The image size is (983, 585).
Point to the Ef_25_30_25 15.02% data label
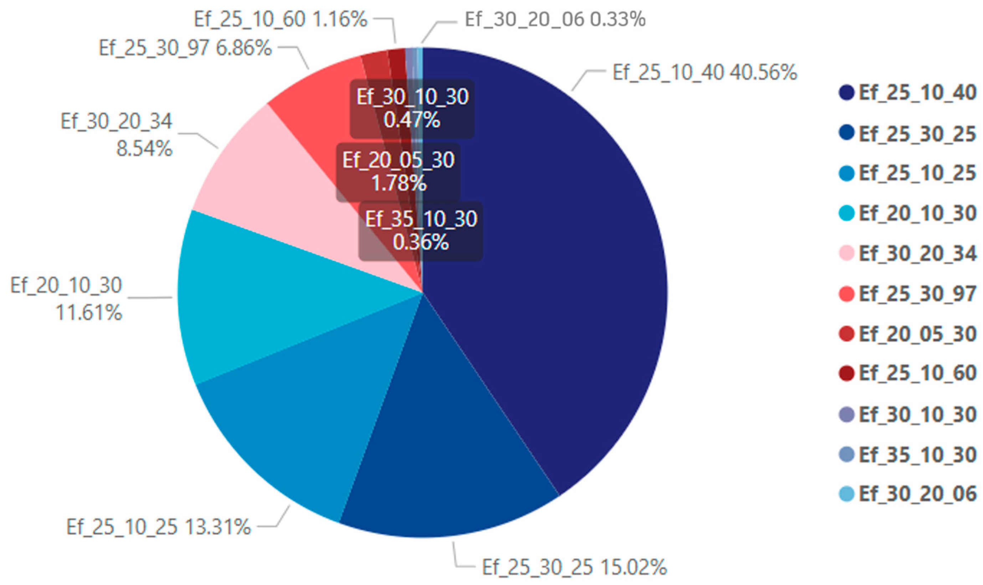pyautogui.click(x=574, y=567)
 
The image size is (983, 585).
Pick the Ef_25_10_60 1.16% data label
pyautogui.click(x=281, y=19)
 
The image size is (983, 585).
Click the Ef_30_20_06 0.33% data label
pyautogui.click(x=556, y=19)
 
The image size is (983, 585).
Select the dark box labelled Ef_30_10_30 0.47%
pyautogui.click(x=412, y=108)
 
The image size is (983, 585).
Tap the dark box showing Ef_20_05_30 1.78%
pyautogui.click(x=398, y=172)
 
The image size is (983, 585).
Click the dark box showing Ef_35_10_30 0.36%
pyautogui.click(x=421, y=231)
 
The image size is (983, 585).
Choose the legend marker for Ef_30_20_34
pyautogui.click(x=846, y=253)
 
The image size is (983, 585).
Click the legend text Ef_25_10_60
pyautogui.click(x=917, y=373)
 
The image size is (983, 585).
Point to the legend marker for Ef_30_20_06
pyautogui.click(x=846, y=493)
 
